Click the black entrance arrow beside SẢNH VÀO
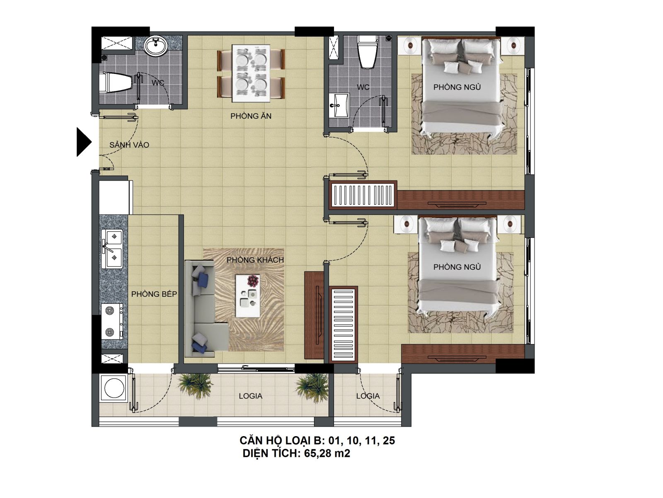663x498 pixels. click(83, 142)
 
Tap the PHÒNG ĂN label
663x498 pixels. click(251, 116)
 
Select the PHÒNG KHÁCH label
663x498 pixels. click(255, 260)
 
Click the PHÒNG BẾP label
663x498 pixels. click(154, 294)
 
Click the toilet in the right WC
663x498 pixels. click(367, 52)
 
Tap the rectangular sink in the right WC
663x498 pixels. click(338, 105)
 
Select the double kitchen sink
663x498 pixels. click(112, 249)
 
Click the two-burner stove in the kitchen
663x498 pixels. click(112, 321)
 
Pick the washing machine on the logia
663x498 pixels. click(114, 388)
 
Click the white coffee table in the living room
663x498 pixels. click(248, 296)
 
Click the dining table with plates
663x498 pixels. click(251, 73)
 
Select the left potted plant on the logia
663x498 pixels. click(195, 386)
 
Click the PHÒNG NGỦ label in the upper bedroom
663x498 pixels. click(457, 87)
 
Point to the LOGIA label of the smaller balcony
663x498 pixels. click(368, 396)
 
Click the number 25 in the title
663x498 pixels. click(389, 441)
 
